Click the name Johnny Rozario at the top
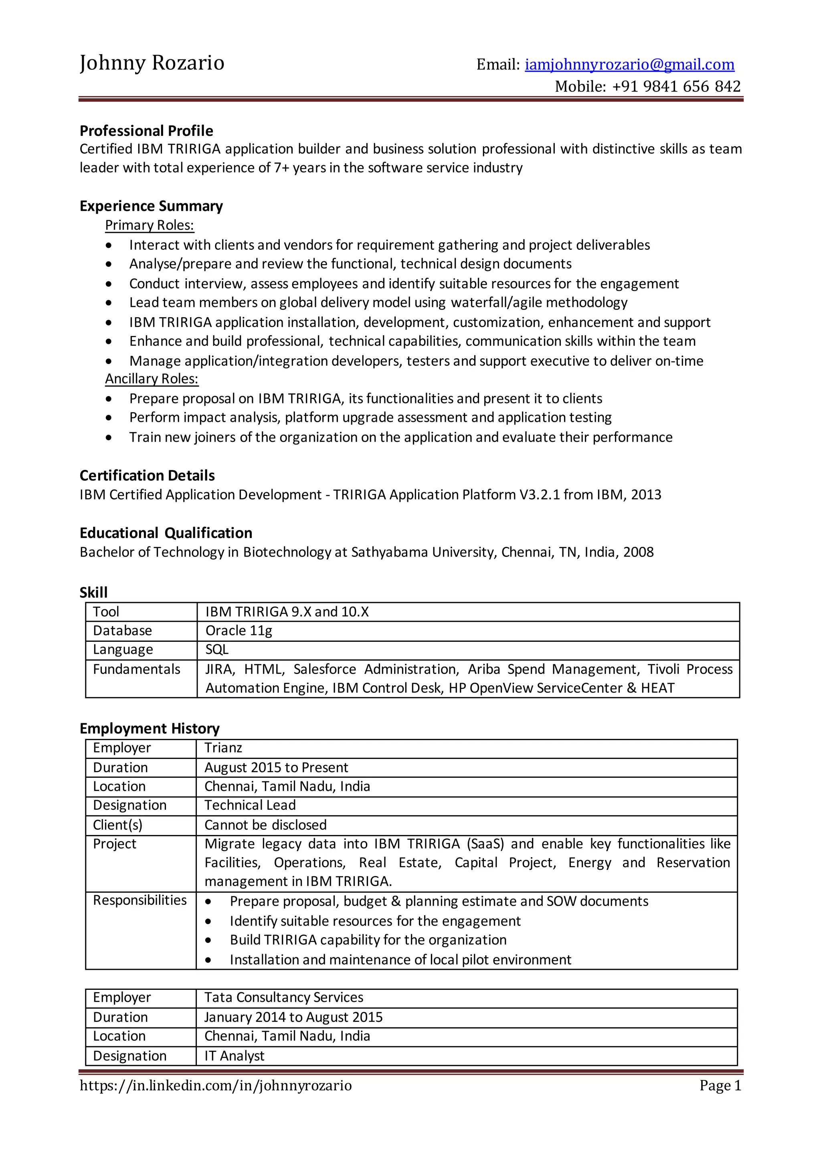click(x=152, y=63)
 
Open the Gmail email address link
click(x=629, y=65)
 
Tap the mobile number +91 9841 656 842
click(x=676, y=87)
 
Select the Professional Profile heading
click(x=146, y=131)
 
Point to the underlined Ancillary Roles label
click(x=151, y=379)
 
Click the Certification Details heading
click(x=147, y=475)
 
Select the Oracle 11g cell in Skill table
click(x=239, y=631)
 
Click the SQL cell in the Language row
click(x=217, y=650)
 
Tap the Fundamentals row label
click(x=136, y=669)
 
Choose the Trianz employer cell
click(x=223, y=748)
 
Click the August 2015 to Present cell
click(x=276, y=768)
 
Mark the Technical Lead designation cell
click(x=250, y=805)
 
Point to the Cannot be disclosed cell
click(x=265, y=825)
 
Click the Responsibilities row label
click(x=140, y=900)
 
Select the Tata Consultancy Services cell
click(x=283, y=997)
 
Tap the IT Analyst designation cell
click(x=234, y=1056)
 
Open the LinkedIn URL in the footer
click(x=215, y=1086)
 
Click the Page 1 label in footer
click(x=720, y=1086)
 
